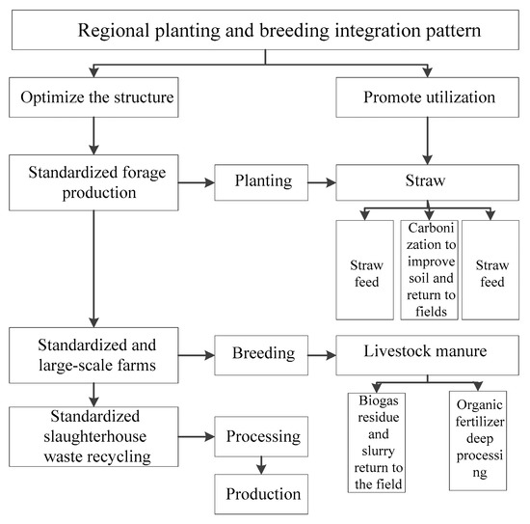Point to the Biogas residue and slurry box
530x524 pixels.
pyautogui.click(x=377, y=440)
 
